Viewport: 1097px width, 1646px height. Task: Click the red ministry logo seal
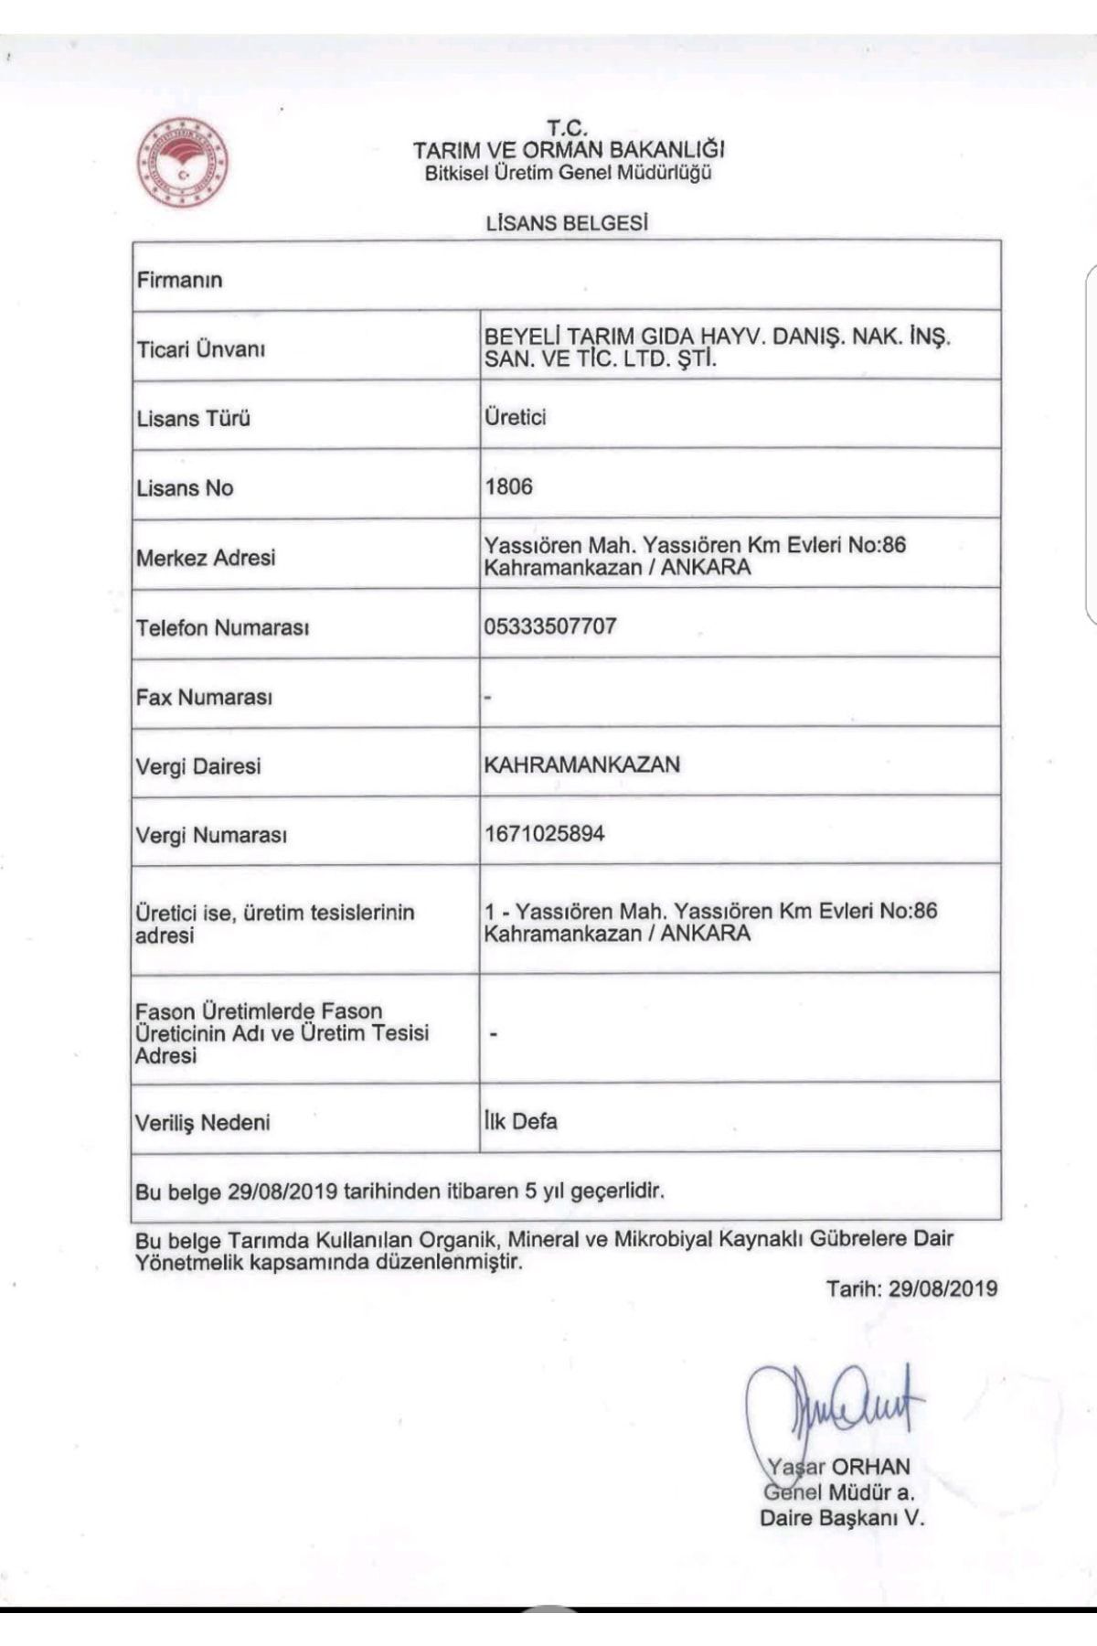click(183, 162)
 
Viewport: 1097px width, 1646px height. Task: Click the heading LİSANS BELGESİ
click(568, 222)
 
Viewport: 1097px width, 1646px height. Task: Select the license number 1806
click(508, 486)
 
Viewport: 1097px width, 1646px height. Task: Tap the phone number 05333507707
click(550, 626)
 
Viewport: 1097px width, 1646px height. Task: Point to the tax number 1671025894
click(544, 834)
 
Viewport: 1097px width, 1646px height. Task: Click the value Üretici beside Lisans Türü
click(516, 417)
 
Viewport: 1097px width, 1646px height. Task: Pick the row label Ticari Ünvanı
click(201, 349)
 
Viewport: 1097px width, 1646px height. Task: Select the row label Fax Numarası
click(205, 697)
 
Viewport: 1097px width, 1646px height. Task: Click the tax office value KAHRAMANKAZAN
click(582, 764)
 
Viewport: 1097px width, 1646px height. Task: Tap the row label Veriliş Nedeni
click(203, 1122)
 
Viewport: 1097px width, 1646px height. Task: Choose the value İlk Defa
click(521, 1121)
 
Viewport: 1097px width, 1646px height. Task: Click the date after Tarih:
click(943, 1288)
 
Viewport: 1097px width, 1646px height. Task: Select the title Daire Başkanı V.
click(842, 1519)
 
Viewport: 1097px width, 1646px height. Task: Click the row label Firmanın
click(179, 280)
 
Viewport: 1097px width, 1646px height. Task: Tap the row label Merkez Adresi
click(206, 557)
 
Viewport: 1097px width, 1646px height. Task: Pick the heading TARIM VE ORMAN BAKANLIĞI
click(569, 149)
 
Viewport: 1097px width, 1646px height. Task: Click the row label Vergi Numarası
click(211, 835)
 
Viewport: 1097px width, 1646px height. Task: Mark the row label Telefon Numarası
click(222, 628)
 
